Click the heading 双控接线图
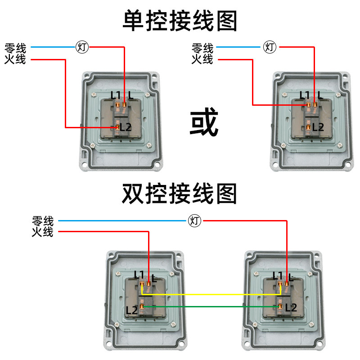pos(180,194)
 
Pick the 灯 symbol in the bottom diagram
pos(195,220)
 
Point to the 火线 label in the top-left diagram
pos(15,59)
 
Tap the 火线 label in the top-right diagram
pos(202,59)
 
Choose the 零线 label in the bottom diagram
pos(43,221)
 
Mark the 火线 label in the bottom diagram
pos(43,232)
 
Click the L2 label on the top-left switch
pos(126,127)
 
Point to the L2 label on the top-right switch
pos(318,127)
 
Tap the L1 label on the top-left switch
pos(116,95)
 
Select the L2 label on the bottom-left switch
pos(131,310)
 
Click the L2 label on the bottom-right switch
pos(291,308)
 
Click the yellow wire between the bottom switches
pos(211,295)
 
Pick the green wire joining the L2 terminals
pos(211,307)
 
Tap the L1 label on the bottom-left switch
pos(139,274)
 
